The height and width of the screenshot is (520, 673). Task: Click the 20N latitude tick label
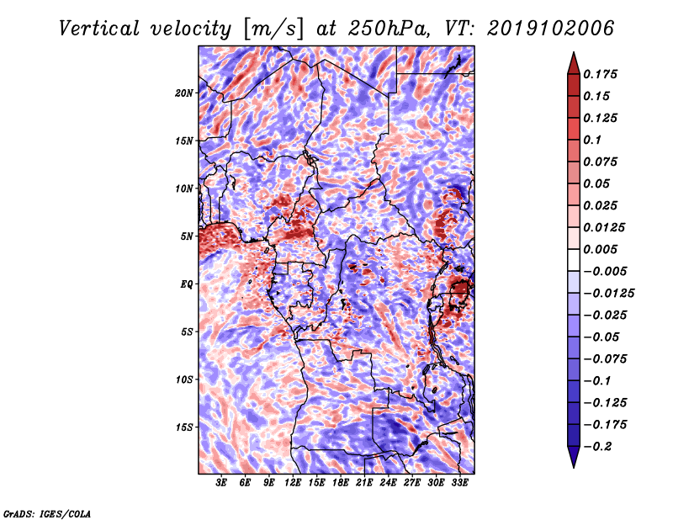[184, 93]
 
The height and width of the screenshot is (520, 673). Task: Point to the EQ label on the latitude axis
[188, 284]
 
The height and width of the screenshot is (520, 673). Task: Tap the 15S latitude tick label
[184, 427]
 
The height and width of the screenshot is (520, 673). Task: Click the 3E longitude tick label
[221, 483]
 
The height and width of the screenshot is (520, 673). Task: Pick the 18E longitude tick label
[341, 483]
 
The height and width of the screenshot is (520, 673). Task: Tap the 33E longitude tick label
[459, 483]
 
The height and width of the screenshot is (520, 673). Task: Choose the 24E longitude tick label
[388, 483]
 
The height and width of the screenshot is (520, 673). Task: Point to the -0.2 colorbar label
[599, 446]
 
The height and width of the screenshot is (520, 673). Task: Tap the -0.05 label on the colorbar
[602, 337]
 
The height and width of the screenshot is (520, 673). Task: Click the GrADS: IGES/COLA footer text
[47, 512]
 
